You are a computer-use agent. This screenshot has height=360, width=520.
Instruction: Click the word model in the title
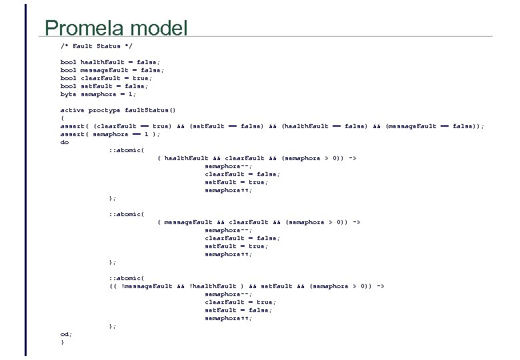160,28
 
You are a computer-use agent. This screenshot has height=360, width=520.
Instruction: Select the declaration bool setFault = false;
104,86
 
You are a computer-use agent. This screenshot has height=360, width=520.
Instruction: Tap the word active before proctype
72,110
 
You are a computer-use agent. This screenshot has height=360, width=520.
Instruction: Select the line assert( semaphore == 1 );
110,134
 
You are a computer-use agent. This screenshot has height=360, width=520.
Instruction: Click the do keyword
64,142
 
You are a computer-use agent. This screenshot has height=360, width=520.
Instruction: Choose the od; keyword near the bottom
65,334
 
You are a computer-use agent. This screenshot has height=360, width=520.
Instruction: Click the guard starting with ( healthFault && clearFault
257,158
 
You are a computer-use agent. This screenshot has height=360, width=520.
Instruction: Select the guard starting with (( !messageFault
247,286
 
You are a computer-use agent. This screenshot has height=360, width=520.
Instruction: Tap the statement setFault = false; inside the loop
238,310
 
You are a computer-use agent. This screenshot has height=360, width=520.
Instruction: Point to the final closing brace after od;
62,342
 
